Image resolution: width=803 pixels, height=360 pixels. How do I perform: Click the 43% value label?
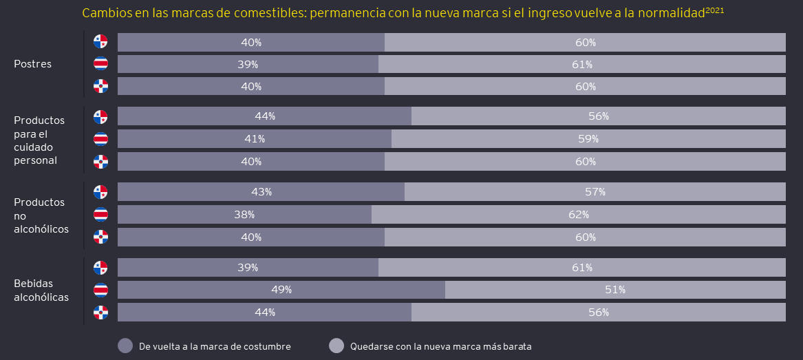coord(261,192)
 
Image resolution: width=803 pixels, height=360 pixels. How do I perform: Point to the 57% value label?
coord(595,192)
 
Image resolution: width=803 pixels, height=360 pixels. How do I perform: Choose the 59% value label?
coord(588,139)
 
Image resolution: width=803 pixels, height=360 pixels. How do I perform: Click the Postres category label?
coord(32,64)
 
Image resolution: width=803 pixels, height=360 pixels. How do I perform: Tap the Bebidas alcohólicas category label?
coord(41,290)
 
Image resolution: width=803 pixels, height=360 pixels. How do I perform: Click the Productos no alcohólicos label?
coord(41,215)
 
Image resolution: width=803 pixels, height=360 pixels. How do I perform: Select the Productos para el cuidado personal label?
coord(39,140)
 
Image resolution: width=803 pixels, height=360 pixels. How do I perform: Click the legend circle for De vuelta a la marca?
coord(125,346)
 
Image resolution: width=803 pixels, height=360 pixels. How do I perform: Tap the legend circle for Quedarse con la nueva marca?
coord(336,346)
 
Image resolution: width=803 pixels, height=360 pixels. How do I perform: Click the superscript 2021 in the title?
coord(715,10)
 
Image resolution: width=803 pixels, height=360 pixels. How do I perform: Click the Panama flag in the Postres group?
coord(100,41)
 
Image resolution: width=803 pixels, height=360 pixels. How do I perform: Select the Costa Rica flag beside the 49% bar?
coord(100,290)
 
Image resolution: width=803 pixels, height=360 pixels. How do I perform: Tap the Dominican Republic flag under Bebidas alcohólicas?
coord(100,313)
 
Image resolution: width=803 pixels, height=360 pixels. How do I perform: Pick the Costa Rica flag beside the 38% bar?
coord(100,215)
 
